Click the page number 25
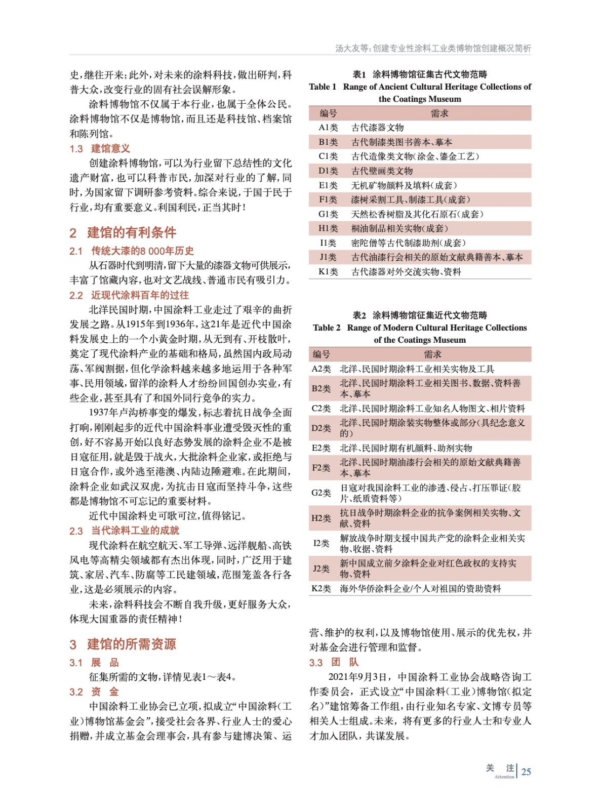(526, 772)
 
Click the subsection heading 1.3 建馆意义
(100, 148)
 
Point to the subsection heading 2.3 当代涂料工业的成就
(124, 531)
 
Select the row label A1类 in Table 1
(328, 128)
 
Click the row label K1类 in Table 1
(328, 272)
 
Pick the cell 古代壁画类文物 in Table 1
(382, 171)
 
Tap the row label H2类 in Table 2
(321, 518)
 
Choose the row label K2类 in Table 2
(321, 588)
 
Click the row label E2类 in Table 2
(321, 448)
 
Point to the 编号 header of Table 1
(328, 113)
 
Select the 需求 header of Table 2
(432, 354)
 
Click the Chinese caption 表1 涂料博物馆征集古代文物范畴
(420, 74)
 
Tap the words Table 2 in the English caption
(327, 328)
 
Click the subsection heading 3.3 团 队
(334, 662)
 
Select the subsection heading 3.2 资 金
(94, 692)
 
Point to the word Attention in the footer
(504, 777)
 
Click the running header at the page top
(433, 49)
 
